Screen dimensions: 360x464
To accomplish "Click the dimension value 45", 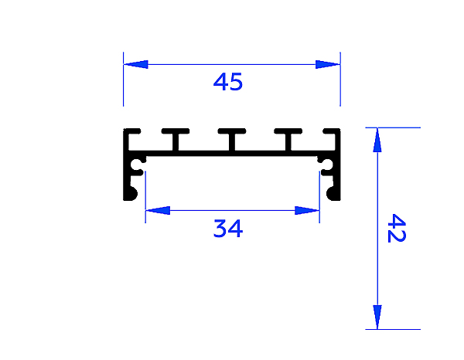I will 228,82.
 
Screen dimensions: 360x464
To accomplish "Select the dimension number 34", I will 228,229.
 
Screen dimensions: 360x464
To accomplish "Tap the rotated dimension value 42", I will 395,229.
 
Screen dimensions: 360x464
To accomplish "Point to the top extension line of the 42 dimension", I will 394,127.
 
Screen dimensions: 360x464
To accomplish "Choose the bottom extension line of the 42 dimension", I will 394,329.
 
